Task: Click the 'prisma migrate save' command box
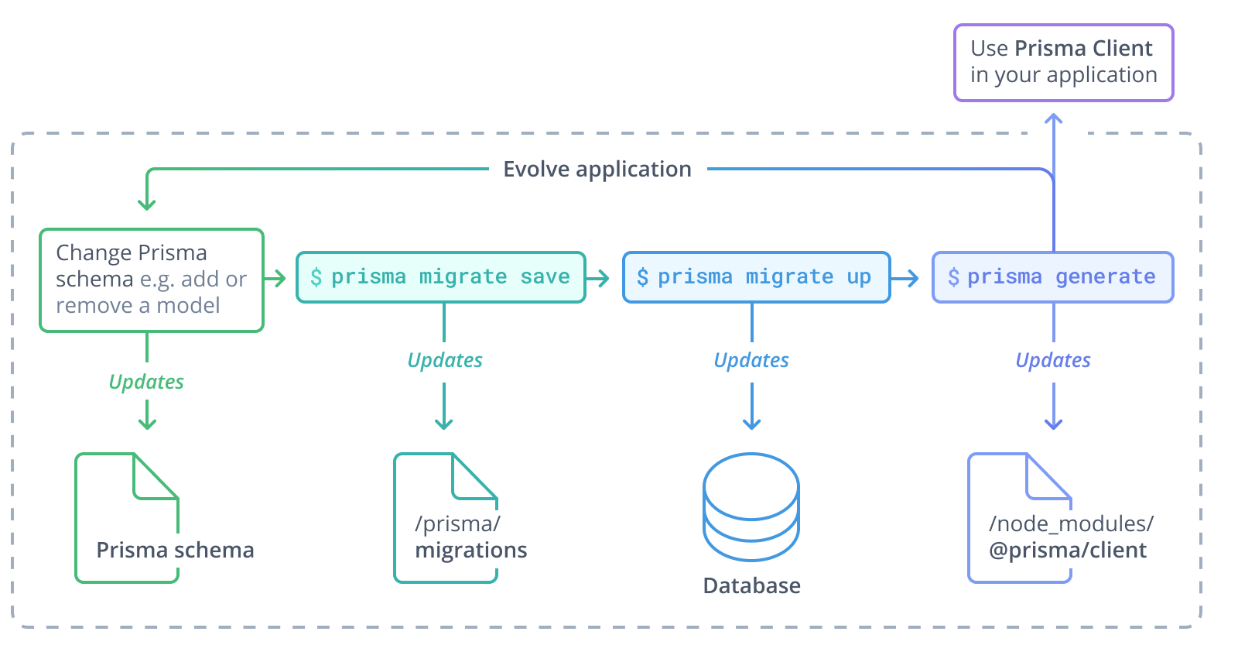click(441, 277)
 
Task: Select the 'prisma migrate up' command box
click(756, 277)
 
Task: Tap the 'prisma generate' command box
click(1052, 277)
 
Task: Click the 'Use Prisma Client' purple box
click(1063, 62)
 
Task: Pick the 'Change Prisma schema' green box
click(152, 280)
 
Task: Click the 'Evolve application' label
click(597, 169)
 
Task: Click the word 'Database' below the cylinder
click(751, 585)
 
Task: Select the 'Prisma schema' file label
click(175, 550)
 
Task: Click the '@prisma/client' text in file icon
click(1068, 551)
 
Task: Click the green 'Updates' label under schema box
click(146, 382)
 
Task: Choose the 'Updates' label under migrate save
click(445, 360)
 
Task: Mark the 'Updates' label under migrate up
click(751, 360)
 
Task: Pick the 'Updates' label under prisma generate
click(1053, 360)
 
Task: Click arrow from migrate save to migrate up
click(598, 277)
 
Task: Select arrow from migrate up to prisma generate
click(906, 277)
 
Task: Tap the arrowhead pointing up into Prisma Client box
click(1053, 118)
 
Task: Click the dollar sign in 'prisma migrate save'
click(316, 277)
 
